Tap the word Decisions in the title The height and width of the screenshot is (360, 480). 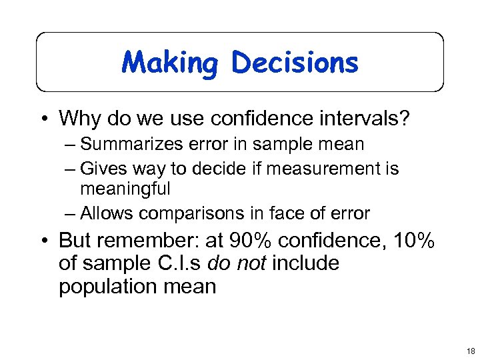point(295,63)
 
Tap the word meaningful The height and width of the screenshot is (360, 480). point(125,189)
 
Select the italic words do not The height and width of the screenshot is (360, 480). point(237,263)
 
